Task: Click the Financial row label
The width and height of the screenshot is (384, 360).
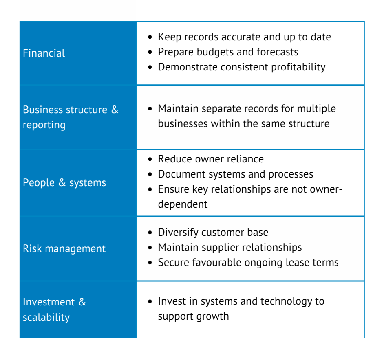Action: click(x=44, y=53)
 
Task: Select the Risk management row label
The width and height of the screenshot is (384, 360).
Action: click(x=64, y=248)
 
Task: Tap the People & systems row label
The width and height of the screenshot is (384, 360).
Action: click(x=64, y=182)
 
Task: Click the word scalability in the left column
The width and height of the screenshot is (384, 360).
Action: click(x=46, y=317)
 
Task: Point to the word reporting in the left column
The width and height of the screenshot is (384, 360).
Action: click(x=44, y=125)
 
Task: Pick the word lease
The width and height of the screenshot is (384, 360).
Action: click(x=294, y=262)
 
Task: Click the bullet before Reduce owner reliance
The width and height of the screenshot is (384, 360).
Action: click(x=150, y=159)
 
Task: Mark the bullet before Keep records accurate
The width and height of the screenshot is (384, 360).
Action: click(x=150, y=37)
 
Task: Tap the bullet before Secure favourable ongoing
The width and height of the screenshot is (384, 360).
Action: click(x=150, y=263)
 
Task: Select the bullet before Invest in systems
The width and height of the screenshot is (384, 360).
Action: click(x=150, y=302)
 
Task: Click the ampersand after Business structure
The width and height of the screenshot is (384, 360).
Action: click(x=115, y=110)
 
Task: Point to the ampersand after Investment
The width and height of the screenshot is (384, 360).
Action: click(x=82, y=302)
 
